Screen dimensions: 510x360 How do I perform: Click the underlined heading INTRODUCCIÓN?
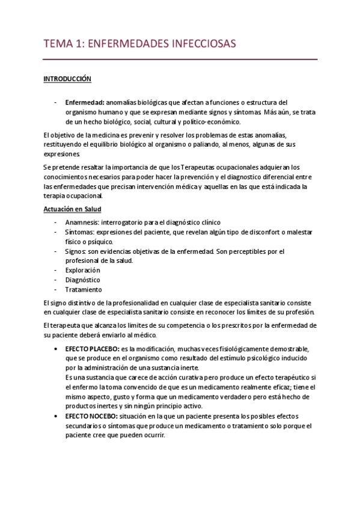coord(67,78)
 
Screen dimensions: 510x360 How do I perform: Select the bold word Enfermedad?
coord(85,103)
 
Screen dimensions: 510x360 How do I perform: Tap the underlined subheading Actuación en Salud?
coord(73,209)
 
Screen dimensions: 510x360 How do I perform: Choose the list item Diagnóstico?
coord(82,280)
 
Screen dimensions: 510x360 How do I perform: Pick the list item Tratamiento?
coord(83,289)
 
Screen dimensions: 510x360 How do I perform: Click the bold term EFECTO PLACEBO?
coord(92,349)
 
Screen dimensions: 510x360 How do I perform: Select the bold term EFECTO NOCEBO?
coord(91,417)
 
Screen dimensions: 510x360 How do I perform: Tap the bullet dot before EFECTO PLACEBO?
coord(56,349)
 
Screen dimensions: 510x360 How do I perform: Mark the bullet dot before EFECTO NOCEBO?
coord(56,417)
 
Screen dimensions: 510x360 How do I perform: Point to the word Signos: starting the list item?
coord(77,251)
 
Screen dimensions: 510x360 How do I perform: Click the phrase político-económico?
coord(195,121)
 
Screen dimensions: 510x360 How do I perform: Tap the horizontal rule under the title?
coord(180,60)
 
